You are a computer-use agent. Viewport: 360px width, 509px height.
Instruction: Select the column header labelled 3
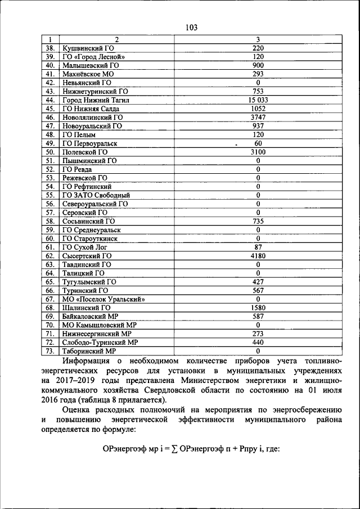click(x=258, y=40)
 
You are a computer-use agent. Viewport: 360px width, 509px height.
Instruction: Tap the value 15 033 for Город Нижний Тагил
click(x=258, y=100)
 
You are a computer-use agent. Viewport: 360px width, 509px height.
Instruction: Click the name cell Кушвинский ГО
click(x=88, y=48)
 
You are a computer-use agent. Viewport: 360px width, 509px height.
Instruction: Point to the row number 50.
click(x=50, y=152)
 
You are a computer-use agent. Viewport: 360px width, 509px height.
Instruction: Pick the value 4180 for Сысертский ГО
click(x=258, y=255)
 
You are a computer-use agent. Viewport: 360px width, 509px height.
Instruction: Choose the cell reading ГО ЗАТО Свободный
click(x=96, y=195)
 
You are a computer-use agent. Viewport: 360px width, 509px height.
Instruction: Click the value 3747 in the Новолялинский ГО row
click(x=258, y=118)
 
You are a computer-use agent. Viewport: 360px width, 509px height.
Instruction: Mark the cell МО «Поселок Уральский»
click(x=103, y=299)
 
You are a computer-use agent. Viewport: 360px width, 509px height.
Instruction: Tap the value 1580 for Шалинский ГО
click(x=258, y=308)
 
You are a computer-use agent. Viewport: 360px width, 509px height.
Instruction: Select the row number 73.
click(x=50, y=350)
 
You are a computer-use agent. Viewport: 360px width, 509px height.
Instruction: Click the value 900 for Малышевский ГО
click(x=258, y=65)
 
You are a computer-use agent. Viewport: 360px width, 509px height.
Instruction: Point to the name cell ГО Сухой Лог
click(x=84, y=247)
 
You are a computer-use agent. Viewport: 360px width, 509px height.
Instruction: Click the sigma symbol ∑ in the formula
click(x=174, y=450)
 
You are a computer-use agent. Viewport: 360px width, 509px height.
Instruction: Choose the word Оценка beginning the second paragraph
click(x=77, y=410)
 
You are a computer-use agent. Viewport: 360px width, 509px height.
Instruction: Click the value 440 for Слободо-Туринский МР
click(x=258, y=342)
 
